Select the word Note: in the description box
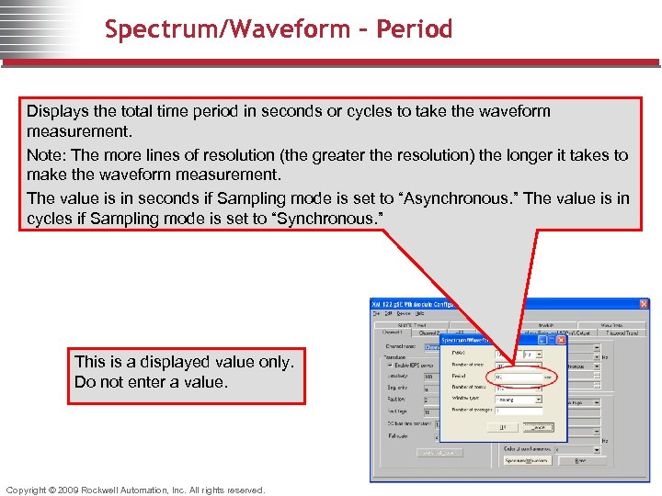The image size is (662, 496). tap(48, 155)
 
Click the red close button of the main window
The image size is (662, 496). tap(644, 304)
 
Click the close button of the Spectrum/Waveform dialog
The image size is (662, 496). tap(561, 340)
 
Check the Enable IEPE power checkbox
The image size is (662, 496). tap(390, 365)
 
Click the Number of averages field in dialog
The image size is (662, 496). tap(517, 411)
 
